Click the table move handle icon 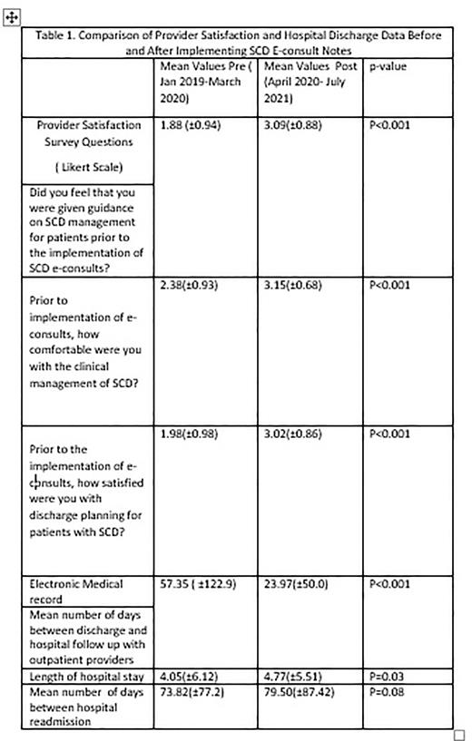(x=11, y=19)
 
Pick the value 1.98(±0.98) (x=193, y=434)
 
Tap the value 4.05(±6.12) (x=191, y=676)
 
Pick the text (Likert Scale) (x=83, y=169)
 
